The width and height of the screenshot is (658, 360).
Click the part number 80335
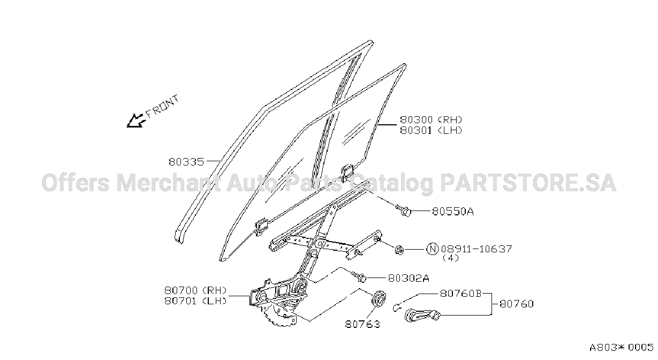(186, 162)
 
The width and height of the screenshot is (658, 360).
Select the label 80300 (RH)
(431, 120)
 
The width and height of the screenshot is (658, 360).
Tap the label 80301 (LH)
(431, 131)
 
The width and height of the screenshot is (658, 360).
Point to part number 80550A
(452, 212)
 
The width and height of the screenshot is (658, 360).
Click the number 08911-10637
(477, 249)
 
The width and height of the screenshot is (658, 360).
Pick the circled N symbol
(433, 249)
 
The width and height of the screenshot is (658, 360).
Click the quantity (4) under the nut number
(451, 258)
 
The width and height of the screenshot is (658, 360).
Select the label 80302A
(409, 278)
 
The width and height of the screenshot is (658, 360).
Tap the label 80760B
(460, 293)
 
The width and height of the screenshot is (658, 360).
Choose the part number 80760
(517, 304)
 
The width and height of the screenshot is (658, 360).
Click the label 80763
(362, 324)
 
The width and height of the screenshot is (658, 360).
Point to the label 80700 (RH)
(195, 291)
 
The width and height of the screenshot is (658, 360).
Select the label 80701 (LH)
(195, 301)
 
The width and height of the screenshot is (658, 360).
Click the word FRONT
(162, 107)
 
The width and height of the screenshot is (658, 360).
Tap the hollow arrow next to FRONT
(136, 121)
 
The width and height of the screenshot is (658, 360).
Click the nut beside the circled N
(399, 250)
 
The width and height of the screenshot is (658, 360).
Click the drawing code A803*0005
(621, 348)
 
